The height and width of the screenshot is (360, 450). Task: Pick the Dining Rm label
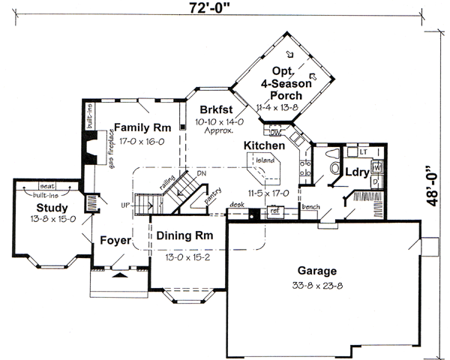point(184,235)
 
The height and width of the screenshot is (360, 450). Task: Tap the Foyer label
point(115,240)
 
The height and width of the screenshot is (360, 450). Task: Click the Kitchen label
point(263,144)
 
